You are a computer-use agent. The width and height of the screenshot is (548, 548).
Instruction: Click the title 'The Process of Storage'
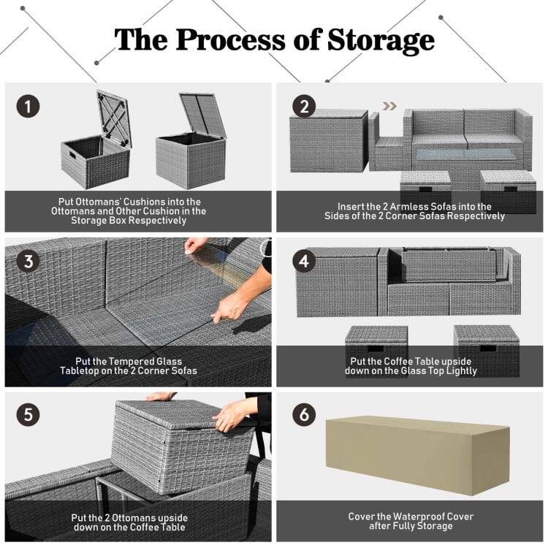point(274,40)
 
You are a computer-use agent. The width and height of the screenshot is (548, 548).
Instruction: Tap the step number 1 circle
point(28,107)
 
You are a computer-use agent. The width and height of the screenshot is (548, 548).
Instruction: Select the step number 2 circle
point(304,107)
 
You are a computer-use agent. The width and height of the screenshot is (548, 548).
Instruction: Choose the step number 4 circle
point(304,261)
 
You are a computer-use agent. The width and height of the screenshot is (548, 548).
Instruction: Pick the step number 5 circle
point(28,415)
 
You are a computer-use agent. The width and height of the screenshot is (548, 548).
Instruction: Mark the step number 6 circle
point(304,415)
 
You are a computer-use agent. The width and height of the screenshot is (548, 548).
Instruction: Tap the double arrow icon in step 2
point(390,106)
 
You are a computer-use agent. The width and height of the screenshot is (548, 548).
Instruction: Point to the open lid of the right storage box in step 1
point(202,114)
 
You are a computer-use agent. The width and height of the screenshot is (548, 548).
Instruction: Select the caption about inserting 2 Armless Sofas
point(414,211)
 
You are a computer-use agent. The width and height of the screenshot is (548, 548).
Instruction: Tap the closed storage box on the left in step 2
point(328,141)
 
